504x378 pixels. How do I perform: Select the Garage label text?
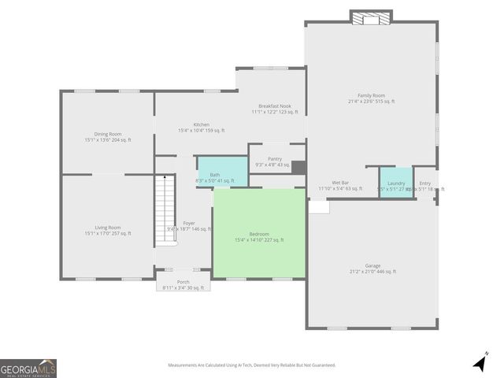click(372, 269)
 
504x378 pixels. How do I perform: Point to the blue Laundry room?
click(396, 183)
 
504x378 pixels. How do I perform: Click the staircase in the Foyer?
click(165, 209)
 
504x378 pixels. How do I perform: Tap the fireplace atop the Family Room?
click(370, 17)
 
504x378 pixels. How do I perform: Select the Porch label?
click(183, 284)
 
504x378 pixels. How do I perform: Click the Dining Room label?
click(108, 137)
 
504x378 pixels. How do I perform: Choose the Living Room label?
click(108, 231)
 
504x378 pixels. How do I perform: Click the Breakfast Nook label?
click(275, 109)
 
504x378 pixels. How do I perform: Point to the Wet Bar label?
click(340, 186)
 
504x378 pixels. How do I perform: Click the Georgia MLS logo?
click(28, 368)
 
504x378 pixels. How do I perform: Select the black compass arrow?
click(480, 363)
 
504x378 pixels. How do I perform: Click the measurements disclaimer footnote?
click(251, 365)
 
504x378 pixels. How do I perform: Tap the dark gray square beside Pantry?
click(298, 168)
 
